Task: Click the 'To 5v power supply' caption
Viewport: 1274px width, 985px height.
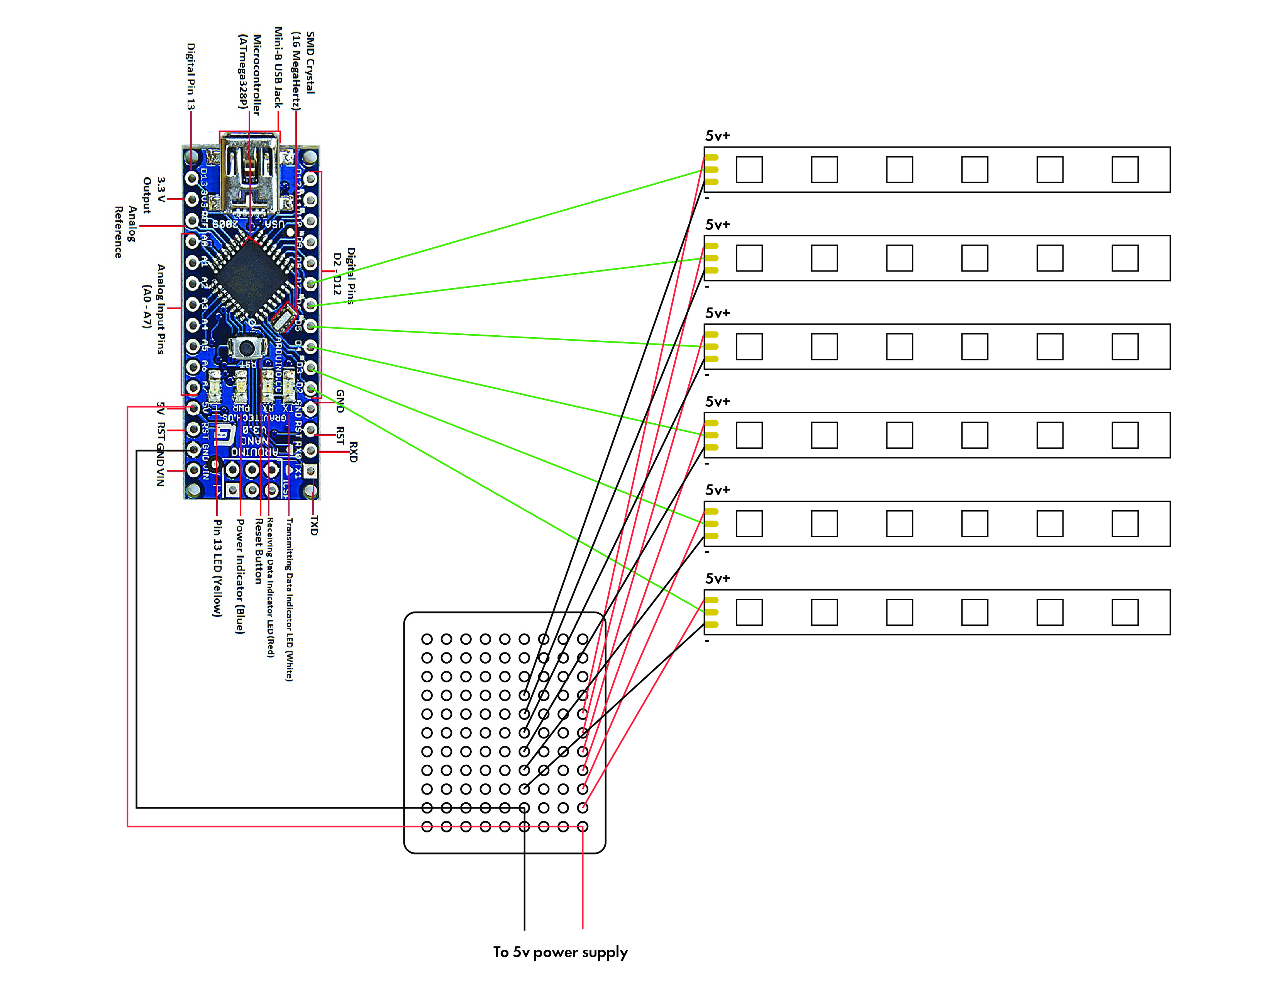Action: coord(560,952)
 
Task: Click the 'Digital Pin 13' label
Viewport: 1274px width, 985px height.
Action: coord(190,76)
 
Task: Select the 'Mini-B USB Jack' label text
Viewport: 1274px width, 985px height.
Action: coord(278,67)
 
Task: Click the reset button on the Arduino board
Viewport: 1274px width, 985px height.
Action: coord(247,348)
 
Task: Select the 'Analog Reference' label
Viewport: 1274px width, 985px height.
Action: coord(125,232)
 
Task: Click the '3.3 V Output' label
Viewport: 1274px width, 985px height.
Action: coord(154,195)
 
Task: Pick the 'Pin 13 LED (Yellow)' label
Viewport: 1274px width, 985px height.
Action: coord(217,568)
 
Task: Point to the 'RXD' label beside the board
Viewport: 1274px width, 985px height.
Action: coord(353,452)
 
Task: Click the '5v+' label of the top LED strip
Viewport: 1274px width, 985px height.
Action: coord(718,136)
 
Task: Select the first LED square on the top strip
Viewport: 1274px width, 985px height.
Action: coord(749,170)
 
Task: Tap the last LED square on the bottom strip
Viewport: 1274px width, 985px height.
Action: coord(1125,612)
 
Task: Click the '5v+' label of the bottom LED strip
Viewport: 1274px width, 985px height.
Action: coord(718,578)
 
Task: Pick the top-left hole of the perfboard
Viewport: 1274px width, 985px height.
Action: coord(427,639)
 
